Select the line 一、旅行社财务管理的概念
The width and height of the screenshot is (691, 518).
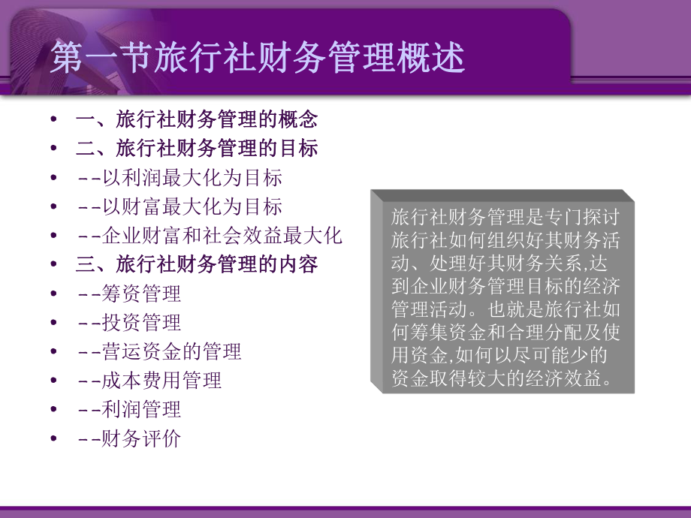tap(197, 119)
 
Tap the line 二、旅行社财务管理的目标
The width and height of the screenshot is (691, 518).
tap(197, 148)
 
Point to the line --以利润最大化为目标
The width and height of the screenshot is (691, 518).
tap(180, 178)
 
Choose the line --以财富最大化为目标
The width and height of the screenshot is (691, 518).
tap(180, 206)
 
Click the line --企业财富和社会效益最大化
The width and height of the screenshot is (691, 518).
tap(210, 236)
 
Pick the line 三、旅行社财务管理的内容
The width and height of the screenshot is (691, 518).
tap(197, 264)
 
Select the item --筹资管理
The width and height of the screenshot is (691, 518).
tap(129, 294)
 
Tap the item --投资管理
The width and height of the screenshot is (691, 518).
tap(129, 323)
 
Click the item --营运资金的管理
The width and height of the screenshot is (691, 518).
tap(159, 351)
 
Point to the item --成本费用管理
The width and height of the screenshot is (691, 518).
tap(149, 381)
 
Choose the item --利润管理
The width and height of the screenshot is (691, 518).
tap(129, 409)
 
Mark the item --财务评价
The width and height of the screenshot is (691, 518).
tap(129, 438)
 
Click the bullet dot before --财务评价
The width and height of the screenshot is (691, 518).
tap(53, 438)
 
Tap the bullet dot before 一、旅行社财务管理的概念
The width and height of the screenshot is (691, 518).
tap(53, 119)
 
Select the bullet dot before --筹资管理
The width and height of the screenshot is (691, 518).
tap(53, 294)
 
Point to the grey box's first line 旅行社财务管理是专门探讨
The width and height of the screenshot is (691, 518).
tap(504, 216)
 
